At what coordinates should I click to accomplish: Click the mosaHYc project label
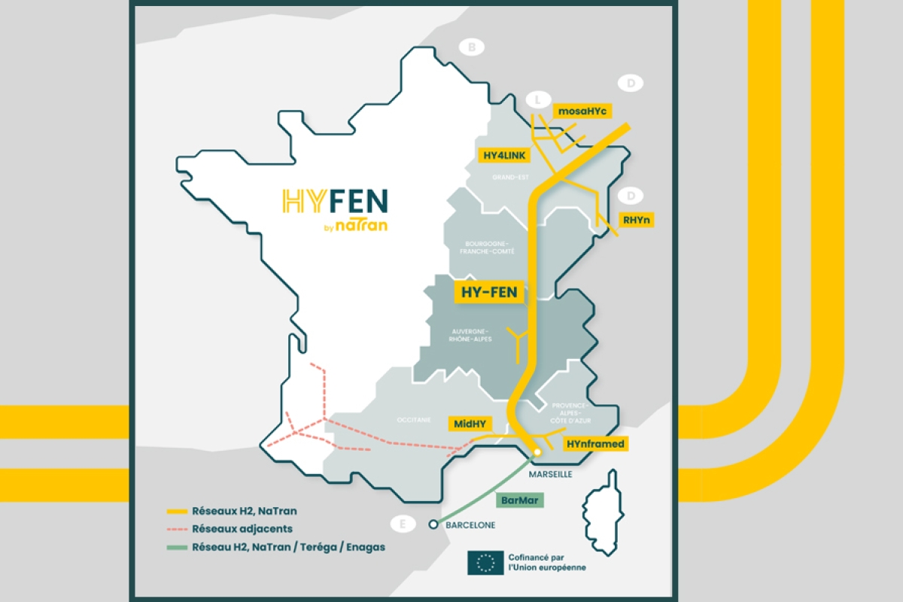tap(582, 111)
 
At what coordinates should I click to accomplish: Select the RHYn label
tap(636, 220)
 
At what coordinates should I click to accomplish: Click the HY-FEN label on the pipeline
tap(488, 292)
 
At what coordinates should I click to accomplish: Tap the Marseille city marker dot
tap(537, 452)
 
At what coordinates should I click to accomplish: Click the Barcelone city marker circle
tap(433, 525)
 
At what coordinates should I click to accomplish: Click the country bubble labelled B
tap(472, 48)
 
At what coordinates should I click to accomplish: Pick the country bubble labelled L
tap(537, 99)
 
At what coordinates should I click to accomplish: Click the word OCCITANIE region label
tap(414, 420)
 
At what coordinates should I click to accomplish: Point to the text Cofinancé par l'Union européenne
tap(546, 562)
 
